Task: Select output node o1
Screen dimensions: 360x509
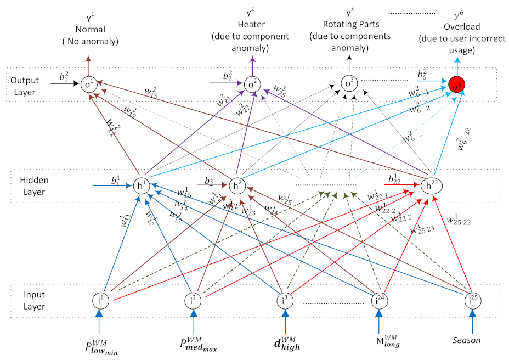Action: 88,85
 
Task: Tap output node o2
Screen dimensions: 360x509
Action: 252,85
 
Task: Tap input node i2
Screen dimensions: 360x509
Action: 193,301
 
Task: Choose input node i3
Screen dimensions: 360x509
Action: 285,301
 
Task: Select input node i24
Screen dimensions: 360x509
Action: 378,301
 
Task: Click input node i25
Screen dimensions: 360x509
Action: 471,301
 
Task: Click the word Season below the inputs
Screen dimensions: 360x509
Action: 467,340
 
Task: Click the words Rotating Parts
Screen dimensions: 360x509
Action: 350,25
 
